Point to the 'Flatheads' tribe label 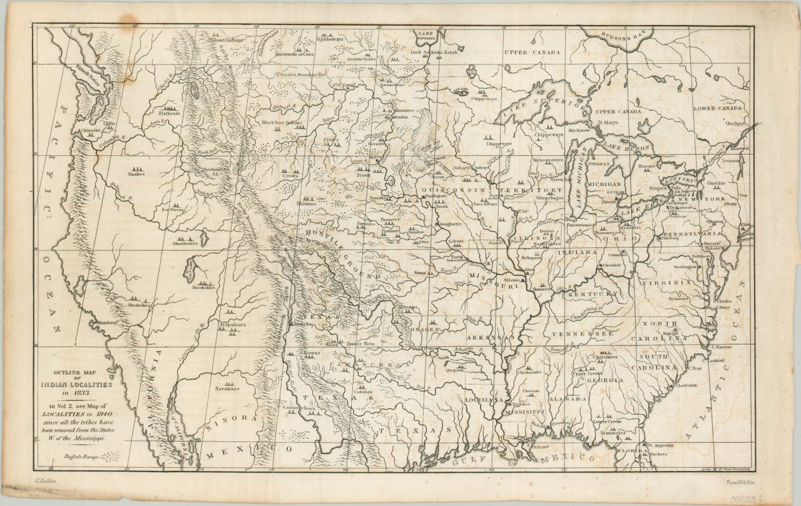[x=169, y=114]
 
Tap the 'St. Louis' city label [x=511, y=280]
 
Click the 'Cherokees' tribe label [x=604, y=357]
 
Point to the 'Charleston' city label [x=685, y=385]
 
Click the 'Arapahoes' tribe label [x=232, y=326]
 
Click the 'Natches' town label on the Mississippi [x=521, y=404]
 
